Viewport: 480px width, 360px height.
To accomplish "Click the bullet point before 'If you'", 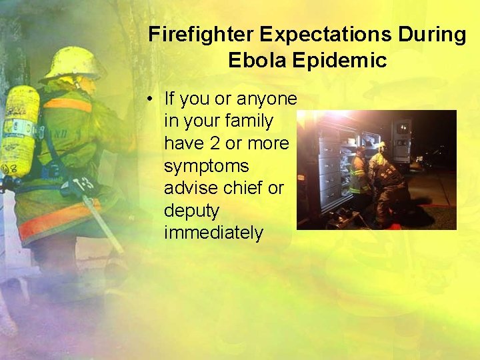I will pyautogui.click(x=152, y=99).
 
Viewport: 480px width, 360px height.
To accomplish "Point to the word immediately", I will pyautogui.click(x=213, y=233).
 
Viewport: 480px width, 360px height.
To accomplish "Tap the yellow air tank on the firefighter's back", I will pyautogui.click(x=19, y=130).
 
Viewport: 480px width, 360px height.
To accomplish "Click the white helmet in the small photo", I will pyautogui.click(x=382, y=145).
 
